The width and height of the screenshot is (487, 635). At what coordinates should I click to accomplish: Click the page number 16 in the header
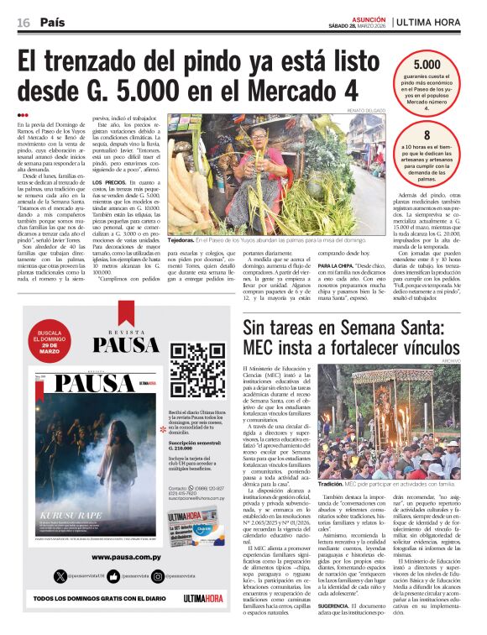(x=23, y=22)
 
